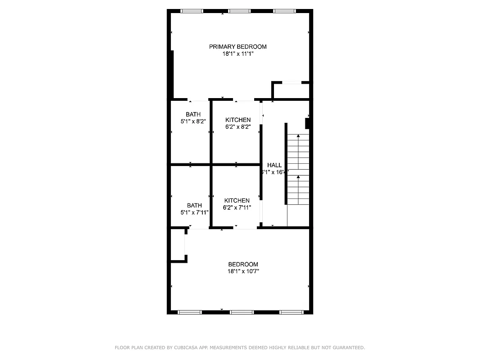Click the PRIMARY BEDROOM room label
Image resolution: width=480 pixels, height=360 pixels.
point(238,47)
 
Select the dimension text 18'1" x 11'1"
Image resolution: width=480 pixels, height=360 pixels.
point(238,54)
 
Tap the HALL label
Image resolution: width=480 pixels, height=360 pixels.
point(274,165)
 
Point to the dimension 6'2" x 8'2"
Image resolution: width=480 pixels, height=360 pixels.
point(238,127)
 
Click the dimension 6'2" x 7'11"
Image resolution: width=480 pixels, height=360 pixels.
point(237,207)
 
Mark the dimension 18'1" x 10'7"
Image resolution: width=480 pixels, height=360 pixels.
point(243,271)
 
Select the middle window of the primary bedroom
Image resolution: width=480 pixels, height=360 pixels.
point(239,11)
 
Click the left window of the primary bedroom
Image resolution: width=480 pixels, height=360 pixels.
point(192,11)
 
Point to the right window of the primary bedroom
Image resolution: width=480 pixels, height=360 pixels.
point(284,11)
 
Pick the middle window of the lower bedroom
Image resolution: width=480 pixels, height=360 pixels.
point(242,312)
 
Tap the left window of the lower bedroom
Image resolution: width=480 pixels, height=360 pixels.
point(190,312)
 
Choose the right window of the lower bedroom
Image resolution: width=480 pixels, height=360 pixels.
point(292,312)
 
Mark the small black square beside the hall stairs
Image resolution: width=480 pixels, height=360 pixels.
point(308,123)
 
